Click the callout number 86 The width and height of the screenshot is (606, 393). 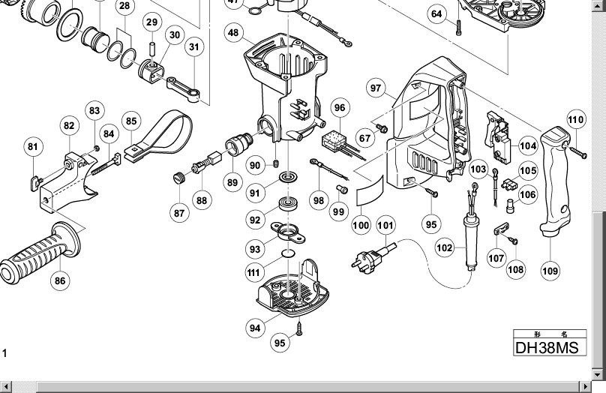pyautogui.click(x=59, y=281)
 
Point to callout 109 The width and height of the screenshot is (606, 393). pyautogui.click(x=550, y=270)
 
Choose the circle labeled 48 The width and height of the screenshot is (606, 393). pyautogui.click(x=234, y=32)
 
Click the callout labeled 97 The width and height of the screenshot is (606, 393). pyautogui.click(x=376, y=88)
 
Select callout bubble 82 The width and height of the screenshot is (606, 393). pyautogui.click(x=69, y=126)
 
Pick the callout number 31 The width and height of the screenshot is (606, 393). pyautogui.click(x=194, y=47)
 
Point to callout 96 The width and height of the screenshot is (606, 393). pyautogui.click(x=340, y=108)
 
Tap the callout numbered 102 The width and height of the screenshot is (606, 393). pyautogui.click(x=444, y=247)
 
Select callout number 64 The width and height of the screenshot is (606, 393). pyautogui.click(x=438, y=13)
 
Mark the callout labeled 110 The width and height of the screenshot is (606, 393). pyautogui.click(x=575, y=119)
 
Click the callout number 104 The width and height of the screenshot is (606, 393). pyautogui.click(x=527, y=146)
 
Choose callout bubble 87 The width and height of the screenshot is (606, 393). pyautogui.click(x=178, y=213)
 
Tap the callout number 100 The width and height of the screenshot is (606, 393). pyautogui.click(x=361, y=225)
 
